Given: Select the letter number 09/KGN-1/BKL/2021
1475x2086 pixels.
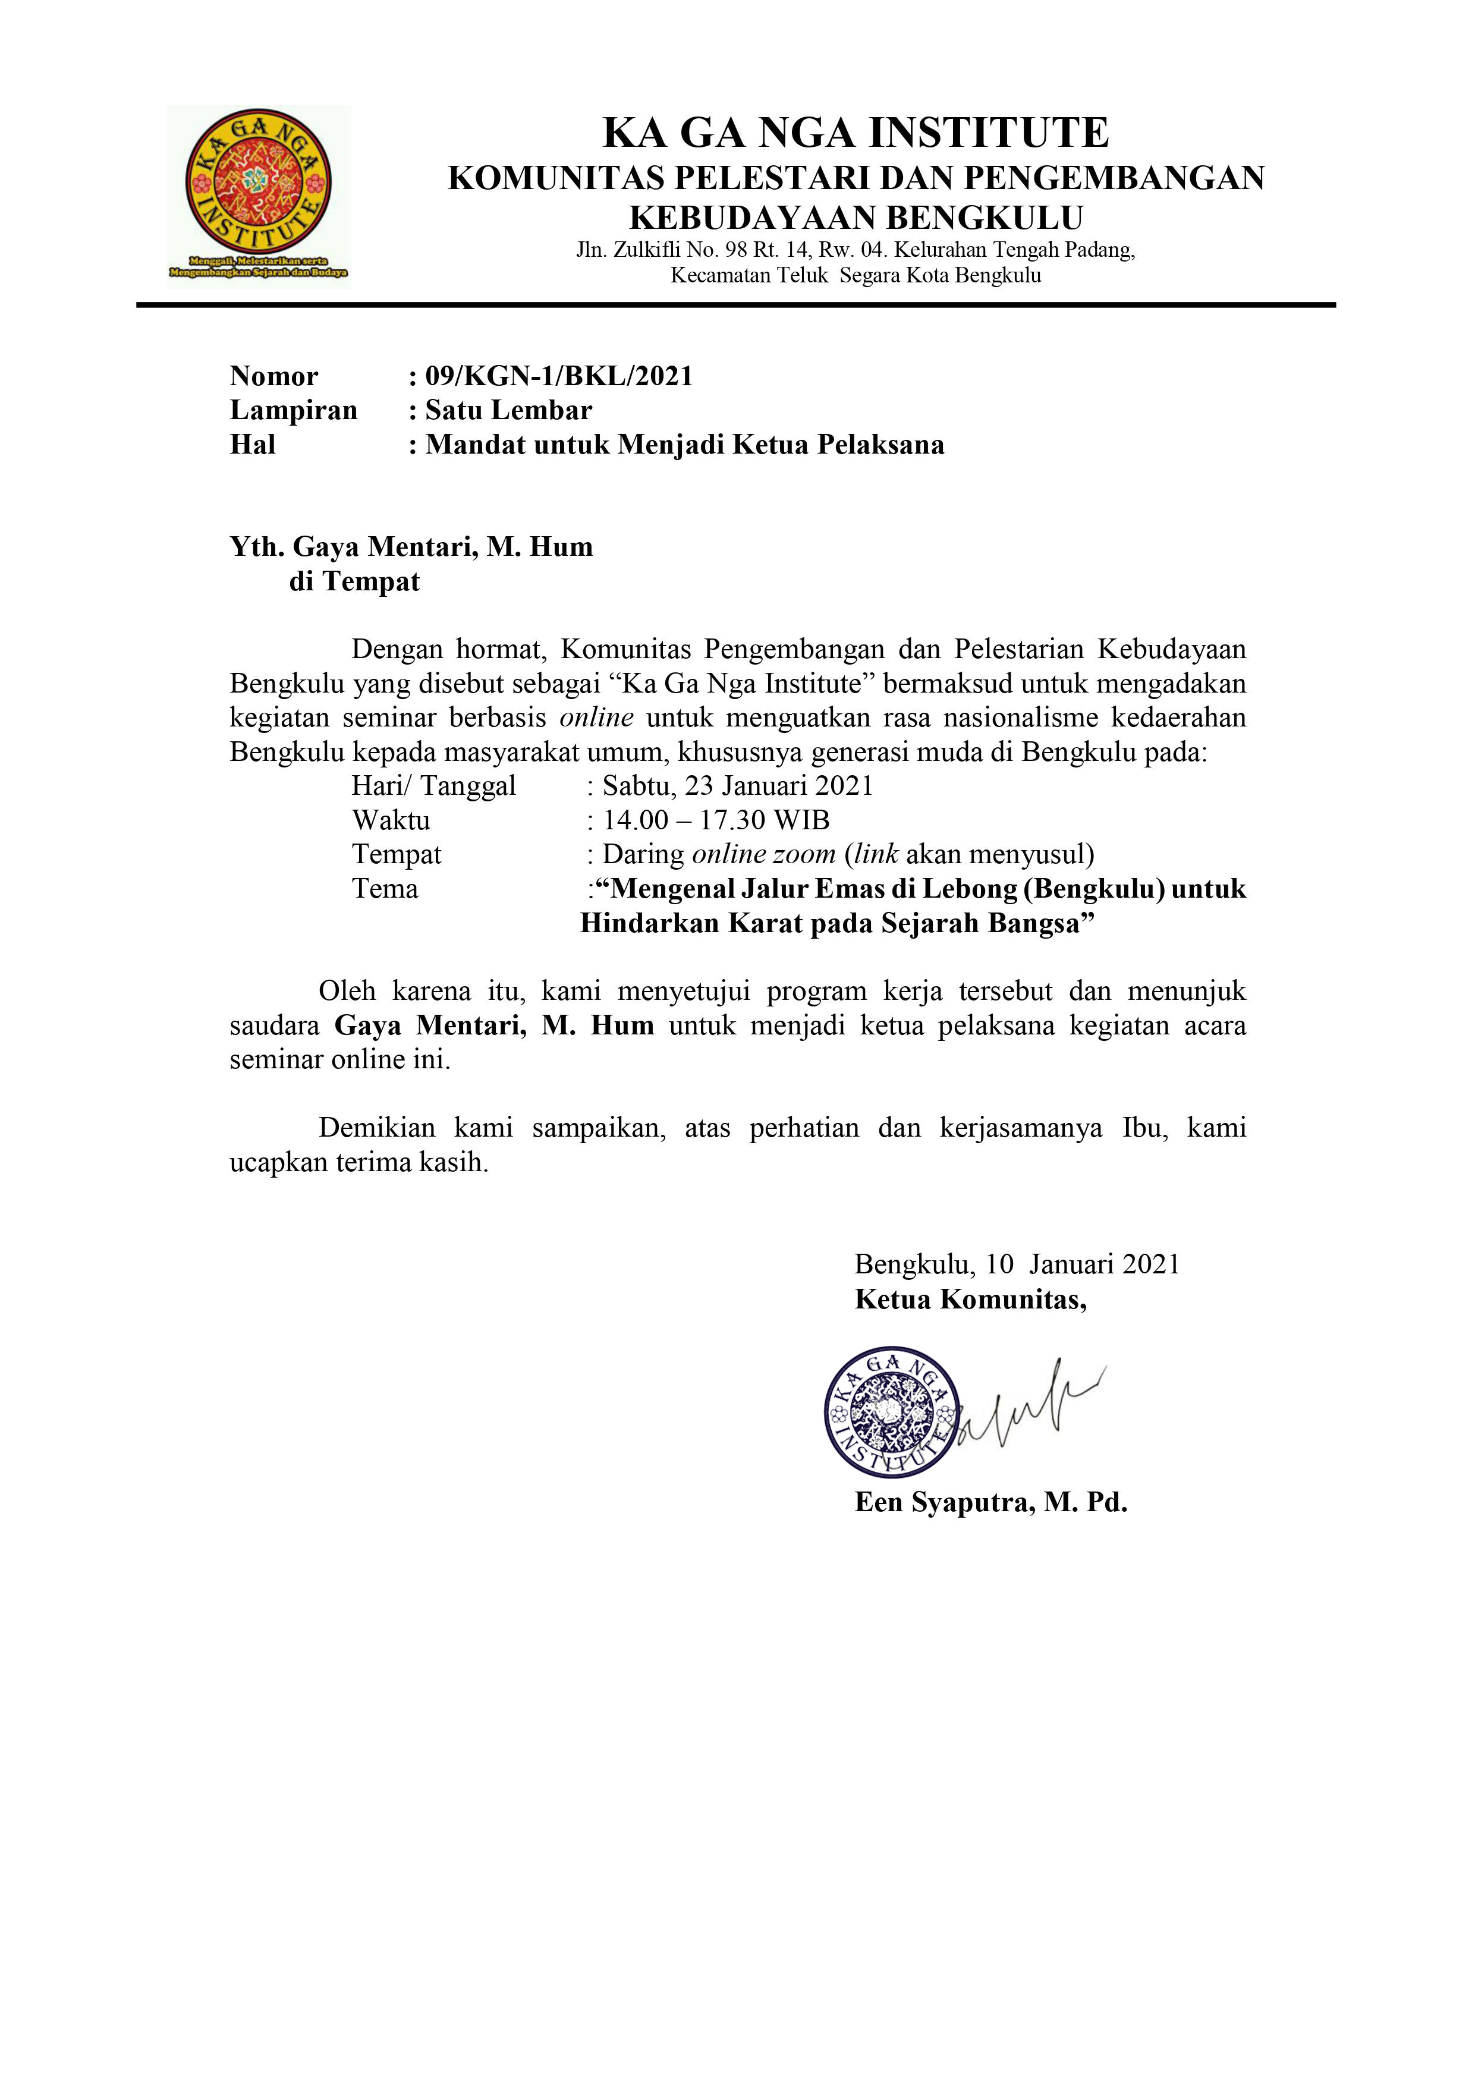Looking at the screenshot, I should pos(559,376).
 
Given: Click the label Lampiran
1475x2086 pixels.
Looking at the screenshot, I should pos(294,411).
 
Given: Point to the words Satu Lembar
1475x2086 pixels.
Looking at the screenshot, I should pos(509,411).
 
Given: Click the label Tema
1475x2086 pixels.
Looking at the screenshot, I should pos(385,889).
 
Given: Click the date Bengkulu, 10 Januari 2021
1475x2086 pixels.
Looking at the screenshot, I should pos(1017,1264).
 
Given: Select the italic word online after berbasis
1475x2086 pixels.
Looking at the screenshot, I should pos(596,718).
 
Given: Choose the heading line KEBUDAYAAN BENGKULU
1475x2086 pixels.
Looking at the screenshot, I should pos(856,219).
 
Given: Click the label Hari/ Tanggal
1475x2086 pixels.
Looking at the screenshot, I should pos(433,786).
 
